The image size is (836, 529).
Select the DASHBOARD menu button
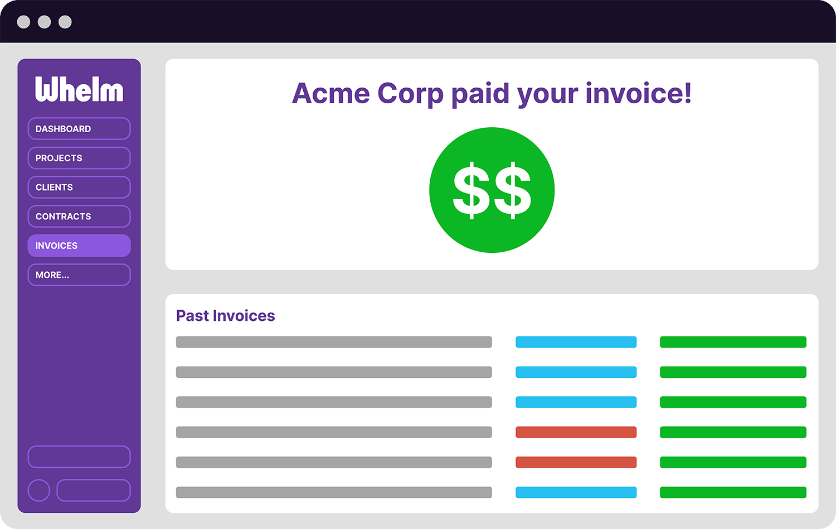click(x=79, y=128)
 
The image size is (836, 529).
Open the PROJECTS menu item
click(x=79, y=158)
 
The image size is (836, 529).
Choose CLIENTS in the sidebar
click(x=79, y=187)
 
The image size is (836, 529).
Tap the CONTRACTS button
click(x=79, y=217)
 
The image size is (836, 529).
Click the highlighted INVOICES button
click(x=79, y=246)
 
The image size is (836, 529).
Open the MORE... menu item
click(x=79, y=275)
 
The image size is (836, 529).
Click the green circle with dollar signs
click(x=492, y=190)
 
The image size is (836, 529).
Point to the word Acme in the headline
click(x=330, y=93)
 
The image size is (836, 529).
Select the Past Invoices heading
click(x=225, y=316)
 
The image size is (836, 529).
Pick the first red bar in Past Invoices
click(x=576, y=432)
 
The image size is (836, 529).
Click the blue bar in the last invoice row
click(x=576, y=492)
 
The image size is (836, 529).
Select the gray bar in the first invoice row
click(x=334, y=342)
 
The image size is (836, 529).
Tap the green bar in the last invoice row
click(x=733, y=492)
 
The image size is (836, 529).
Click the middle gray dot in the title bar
click(x=45, y=22)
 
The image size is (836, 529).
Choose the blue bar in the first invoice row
click(x=576, y=342)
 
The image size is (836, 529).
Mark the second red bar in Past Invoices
click(x=576, y=462)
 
